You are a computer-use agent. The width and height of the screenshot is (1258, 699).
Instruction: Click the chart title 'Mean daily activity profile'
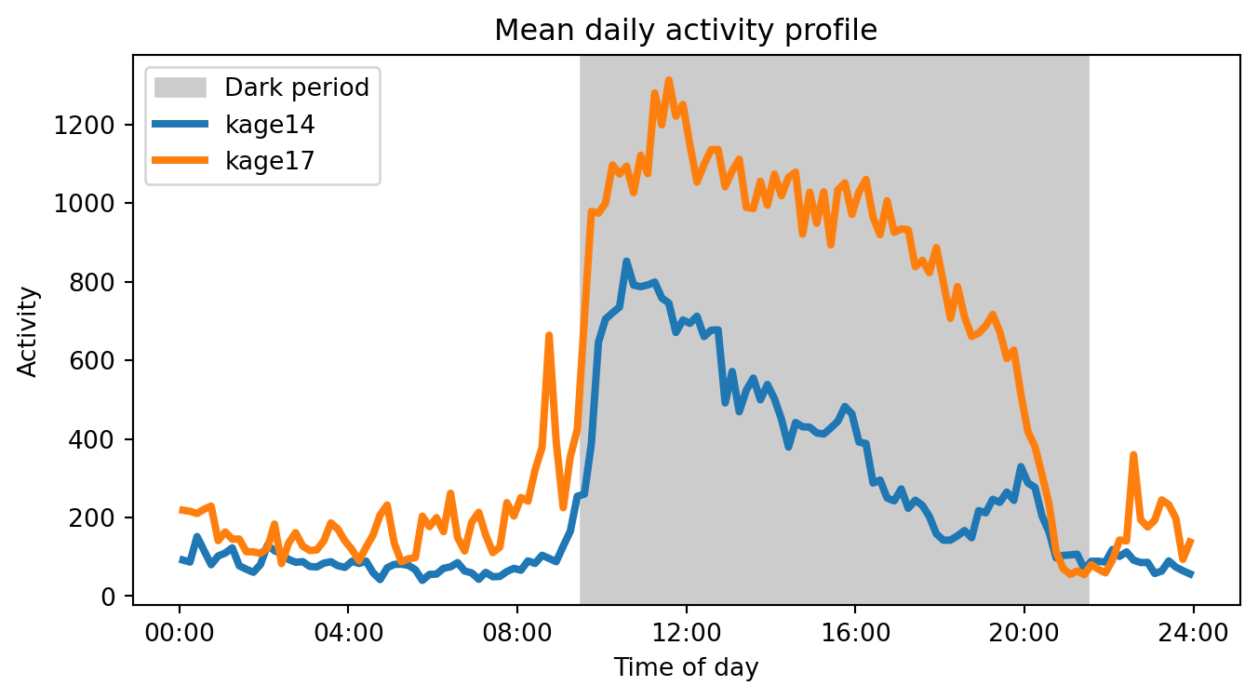point(686,31)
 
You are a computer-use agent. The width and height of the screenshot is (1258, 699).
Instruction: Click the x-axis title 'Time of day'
point(686,667)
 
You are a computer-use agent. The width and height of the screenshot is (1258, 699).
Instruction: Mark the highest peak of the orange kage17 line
point(668,81)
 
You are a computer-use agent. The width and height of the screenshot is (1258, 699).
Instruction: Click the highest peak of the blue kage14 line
point(626,262)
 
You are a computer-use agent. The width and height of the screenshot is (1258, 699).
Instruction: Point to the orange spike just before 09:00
point(549,335)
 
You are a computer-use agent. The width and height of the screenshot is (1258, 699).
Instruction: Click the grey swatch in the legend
point(183,87)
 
